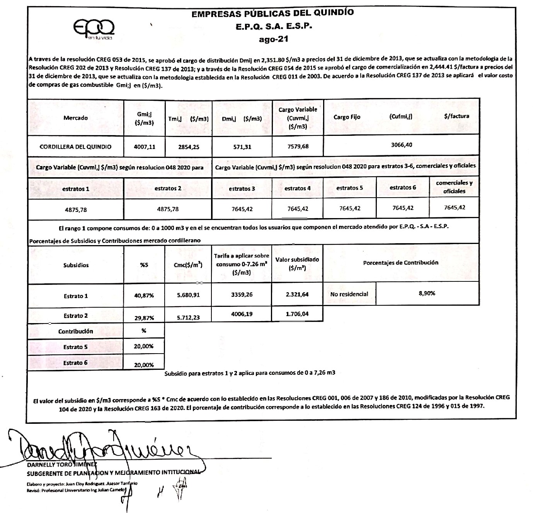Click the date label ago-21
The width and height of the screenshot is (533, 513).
click(273, 39)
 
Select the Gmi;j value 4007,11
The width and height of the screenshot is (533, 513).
click(144, 147)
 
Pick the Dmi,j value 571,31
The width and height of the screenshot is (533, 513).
click(242, 147)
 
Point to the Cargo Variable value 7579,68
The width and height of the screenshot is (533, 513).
click(297, 147)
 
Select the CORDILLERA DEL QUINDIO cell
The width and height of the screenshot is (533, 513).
click(75, 147)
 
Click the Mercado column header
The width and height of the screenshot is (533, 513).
click(75, 118)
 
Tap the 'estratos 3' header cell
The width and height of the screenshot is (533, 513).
click(242, 189)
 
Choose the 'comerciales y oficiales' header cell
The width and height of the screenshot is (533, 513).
click(454, 187)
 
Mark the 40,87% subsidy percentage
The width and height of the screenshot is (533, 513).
click(144, 296)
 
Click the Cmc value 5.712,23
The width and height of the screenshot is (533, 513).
click(188, 318)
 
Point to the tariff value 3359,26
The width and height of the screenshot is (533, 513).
click(242, 294)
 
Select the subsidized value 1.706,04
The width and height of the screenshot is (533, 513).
click(297, 314)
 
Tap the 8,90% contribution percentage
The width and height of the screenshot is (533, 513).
click(427, 293)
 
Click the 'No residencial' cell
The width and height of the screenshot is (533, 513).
click(349, 294)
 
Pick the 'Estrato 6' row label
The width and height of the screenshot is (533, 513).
click(75, 363)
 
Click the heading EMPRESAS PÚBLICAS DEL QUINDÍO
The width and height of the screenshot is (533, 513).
click(272, 13)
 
